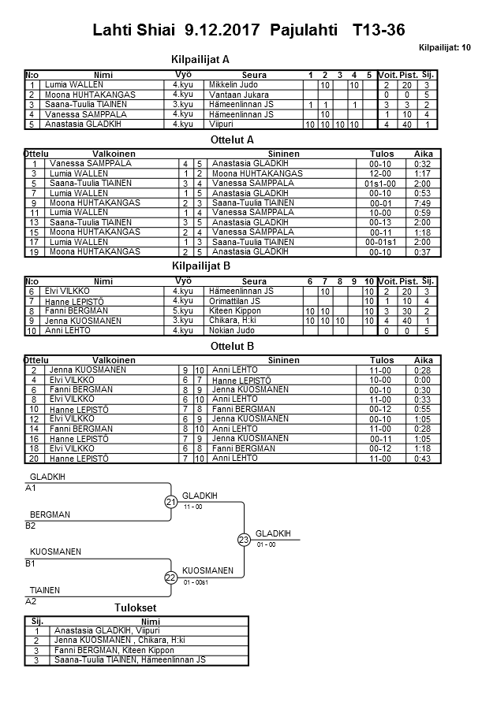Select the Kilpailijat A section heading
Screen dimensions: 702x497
[x=200, y=59]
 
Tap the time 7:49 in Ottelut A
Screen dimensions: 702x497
[x=423, y=202]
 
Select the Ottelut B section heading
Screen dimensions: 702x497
[x=234, y=345]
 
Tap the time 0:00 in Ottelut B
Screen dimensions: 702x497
[x=423, y=380]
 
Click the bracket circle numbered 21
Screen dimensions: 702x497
[x=170, y=502]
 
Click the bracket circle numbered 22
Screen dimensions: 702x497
[x=170, y=578]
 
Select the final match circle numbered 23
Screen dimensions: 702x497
[x=244, y=540]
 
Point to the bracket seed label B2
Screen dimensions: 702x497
[x=31, y=526]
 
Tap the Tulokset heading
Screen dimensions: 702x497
[x=136, y=607]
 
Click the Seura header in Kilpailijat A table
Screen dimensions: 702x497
[x=253, y=74]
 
